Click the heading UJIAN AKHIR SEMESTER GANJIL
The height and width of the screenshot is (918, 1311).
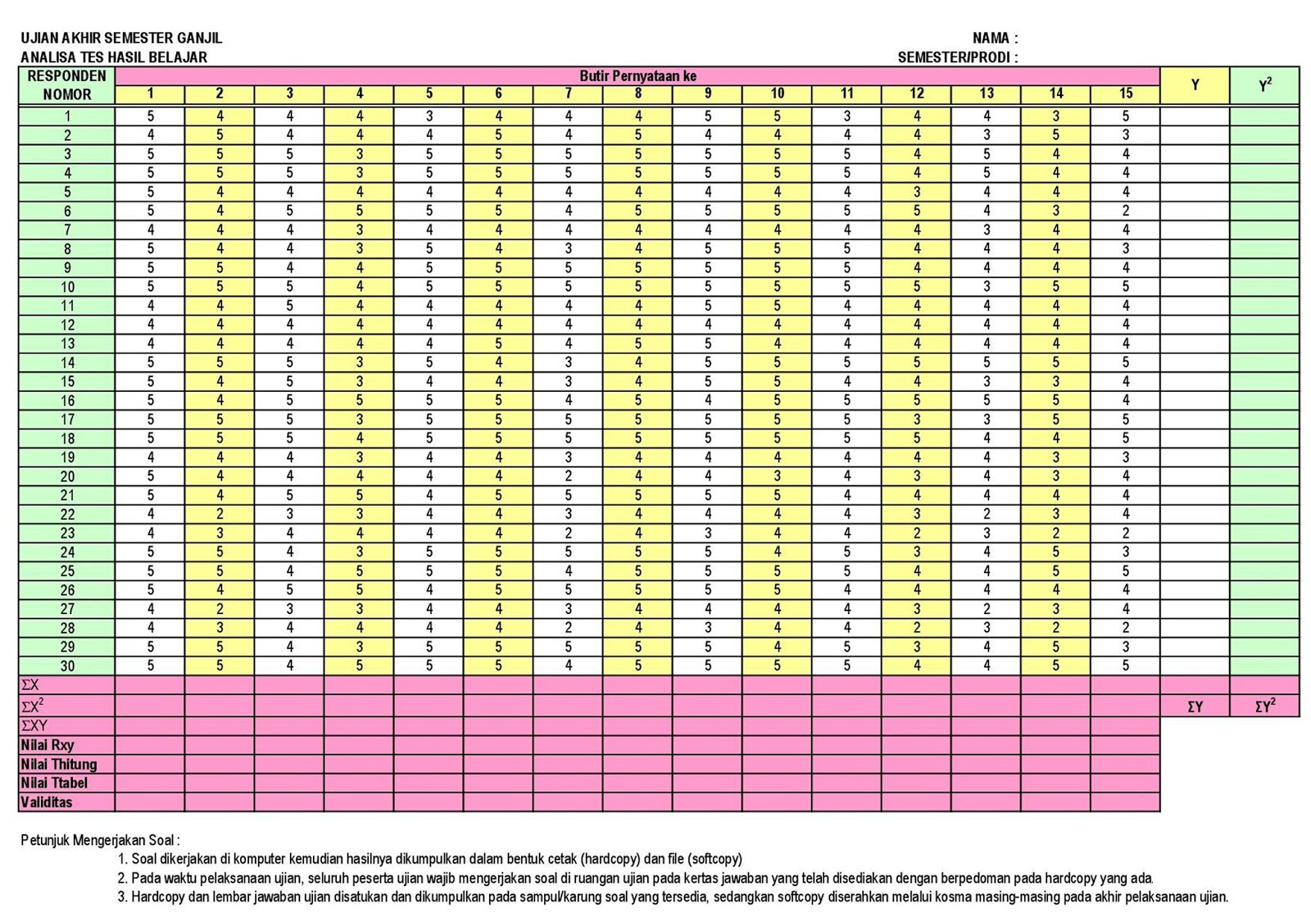(121, 38)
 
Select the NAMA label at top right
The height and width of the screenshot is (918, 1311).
(995, 38)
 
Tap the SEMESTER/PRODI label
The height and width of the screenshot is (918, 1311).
(957, 57)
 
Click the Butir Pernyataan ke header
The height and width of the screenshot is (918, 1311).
(637, 76)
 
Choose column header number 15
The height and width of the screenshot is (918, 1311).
(1125, 94)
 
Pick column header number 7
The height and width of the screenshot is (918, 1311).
(568, 94)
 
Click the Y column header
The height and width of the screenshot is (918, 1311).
(1195, 85)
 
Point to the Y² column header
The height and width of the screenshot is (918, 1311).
(1264, 85)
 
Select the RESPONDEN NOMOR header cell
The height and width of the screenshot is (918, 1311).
(67, 85)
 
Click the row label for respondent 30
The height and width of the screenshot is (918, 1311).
(67, 666)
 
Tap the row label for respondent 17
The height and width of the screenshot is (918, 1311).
(67, 420)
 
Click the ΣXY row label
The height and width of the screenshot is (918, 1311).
(34, 725)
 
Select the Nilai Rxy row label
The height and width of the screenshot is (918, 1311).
(48, 745)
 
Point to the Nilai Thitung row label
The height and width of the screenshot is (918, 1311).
(59, 764)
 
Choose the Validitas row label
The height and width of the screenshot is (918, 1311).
(47, 802)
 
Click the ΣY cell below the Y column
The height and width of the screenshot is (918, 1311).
(1195, 707)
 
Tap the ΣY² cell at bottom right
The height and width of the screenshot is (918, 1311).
(1264, 707)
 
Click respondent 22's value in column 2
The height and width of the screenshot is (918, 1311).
(220, 514)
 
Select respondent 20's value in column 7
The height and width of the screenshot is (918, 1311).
(568, 476)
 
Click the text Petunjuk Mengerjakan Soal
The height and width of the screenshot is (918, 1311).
(100, 840)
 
